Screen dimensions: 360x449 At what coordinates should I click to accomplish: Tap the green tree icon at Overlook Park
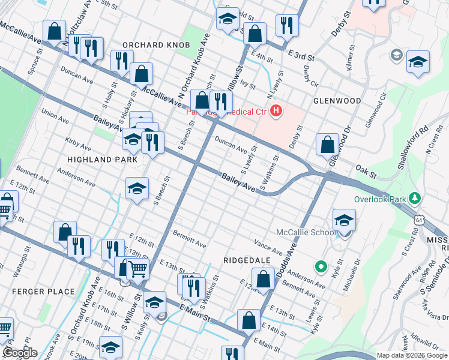[x=414, y=198]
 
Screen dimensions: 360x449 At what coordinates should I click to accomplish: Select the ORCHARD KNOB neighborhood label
[x=156, y=46]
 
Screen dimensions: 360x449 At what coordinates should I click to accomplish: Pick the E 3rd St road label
[x=301, y=56]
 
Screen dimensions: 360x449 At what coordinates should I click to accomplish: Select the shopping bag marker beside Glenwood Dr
[x=327, y=144]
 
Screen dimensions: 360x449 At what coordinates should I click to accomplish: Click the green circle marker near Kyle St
[x=321, y=266]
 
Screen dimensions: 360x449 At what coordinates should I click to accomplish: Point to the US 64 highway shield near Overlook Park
[x=416, y=220]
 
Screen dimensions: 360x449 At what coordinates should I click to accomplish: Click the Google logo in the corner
[x=20, y=353]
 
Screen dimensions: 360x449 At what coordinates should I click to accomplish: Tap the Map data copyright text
[x=412, y=355]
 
